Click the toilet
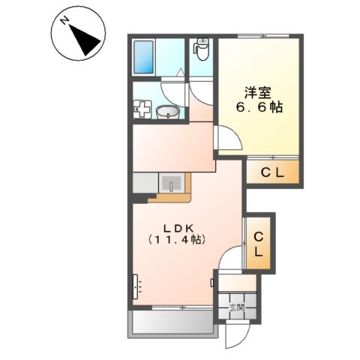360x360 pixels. point(201,49)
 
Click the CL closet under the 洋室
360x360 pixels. point(271,174)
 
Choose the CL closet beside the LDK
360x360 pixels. point(258,245)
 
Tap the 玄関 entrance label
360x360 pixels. point(237,307)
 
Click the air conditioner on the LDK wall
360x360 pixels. point(137,286)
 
